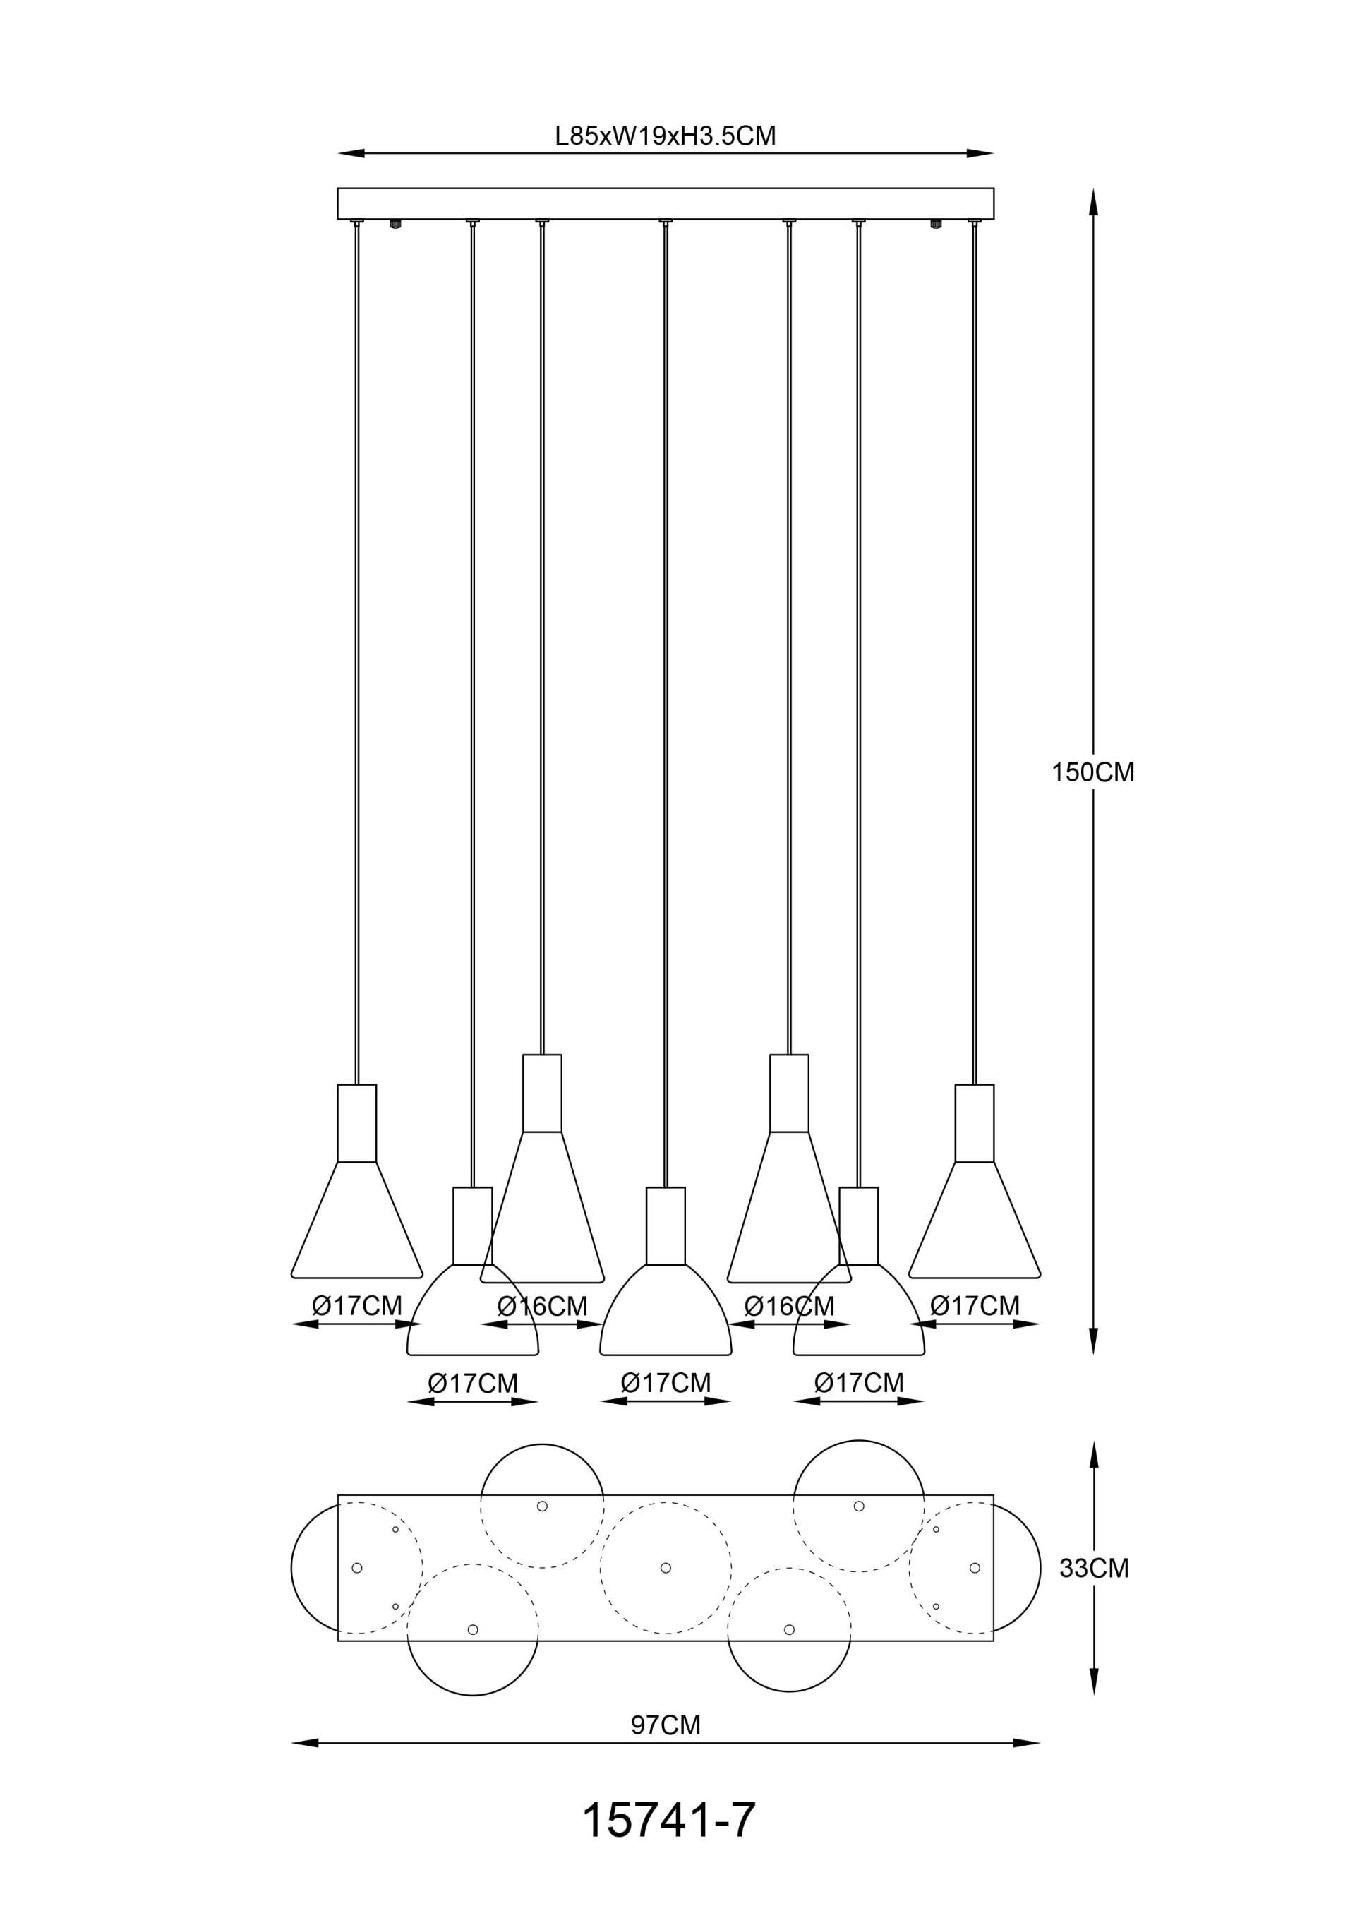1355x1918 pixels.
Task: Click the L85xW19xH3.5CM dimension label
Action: (x=665, y=136)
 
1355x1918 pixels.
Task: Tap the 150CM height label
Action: (x=1092, y=773)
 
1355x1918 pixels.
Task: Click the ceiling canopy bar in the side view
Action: (x=665, y=203)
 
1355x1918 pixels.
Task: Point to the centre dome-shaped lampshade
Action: (x=665, y=1312)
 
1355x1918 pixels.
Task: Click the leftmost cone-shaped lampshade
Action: (x=356, y=1224)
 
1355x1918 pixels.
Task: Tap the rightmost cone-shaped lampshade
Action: (x=974, y=1224)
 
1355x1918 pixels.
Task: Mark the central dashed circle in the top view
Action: (x=665, y=1568)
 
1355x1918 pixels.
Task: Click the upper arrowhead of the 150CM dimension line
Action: (x=1092, y=200)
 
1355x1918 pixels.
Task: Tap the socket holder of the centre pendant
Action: (x=665, y=1225)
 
